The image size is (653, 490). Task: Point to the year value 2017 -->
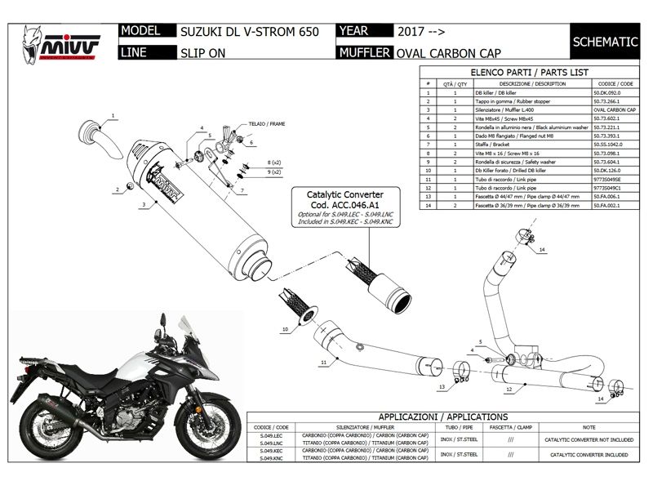(x=421, y=33)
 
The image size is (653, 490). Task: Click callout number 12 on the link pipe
(x=508, y=390)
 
